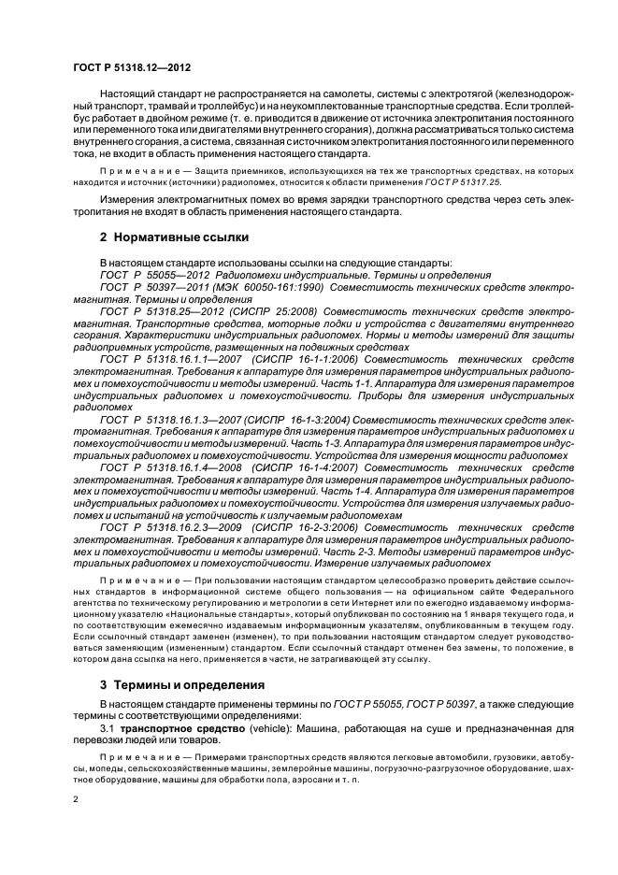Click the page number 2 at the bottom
point(76,800)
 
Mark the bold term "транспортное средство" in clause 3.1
point(180,726)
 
